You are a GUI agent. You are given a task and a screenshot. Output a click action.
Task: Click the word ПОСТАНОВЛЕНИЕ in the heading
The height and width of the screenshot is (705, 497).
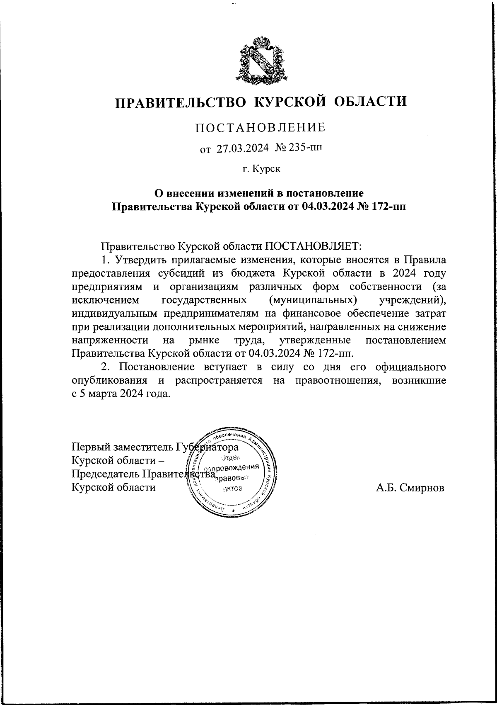(260, 127)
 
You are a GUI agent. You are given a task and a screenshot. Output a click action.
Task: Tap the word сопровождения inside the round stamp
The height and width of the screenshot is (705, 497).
(233, 467)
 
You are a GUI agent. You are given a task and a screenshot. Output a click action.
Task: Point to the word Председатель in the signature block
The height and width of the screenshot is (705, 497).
(106, 474)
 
